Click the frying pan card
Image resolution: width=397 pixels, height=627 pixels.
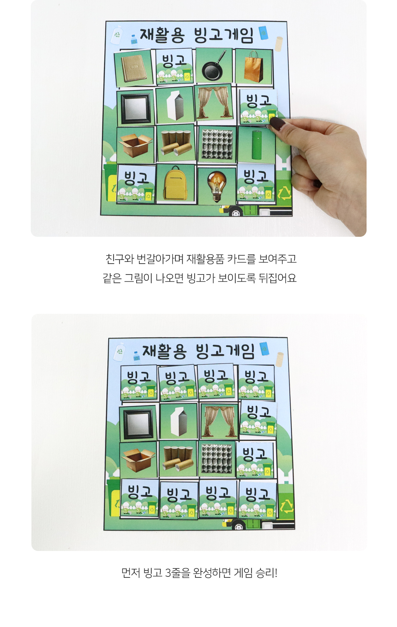point(214,65)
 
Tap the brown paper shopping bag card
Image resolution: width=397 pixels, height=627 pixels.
point(253,66)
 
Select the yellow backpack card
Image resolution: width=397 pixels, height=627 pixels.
point(175,183)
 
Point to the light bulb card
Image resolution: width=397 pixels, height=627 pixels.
point(217,186)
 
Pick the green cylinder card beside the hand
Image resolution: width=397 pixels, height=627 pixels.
point(257,145)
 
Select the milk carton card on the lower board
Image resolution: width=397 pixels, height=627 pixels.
point(178,421)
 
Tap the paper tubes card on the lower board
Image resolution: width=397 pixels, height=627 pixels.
point(178,458)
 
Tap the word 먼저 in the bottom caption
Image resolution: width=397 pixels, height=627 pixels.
point(131,572)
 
